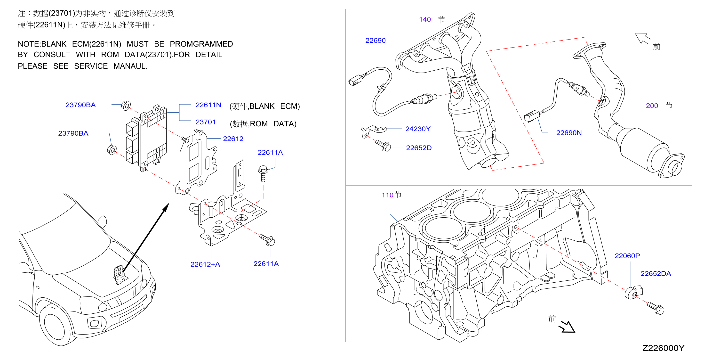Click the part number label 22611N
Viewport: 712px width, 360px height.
(x=208, y=105)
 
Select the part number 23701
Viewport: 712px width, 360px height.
(x=205, y=122)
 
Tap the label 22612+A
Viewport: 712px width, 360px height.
(x=205, y=264)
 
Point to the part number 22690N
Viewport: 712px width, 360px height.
(x=568, y=133)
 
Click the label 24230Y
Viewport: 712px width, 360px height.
(x=418, y=129)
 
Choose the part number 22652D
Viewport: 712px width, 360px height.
(x=418, y=148)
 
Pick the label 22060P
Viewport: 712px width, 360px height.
(x=627, y=256)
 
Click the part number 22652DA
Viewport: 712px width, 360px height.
(x=656, y=273)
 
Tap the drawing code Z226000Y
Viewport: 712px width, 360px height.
(x=663, y=348)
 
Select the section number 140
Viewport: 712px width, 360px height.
(x=424, y=19)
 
